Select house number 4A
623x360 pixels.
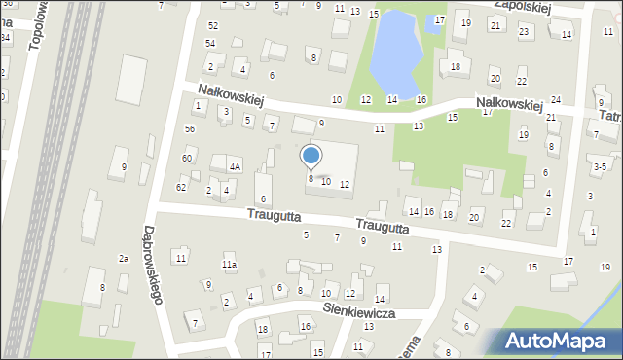tap(235, 166)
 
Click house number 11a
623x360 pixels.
tap(229, 265)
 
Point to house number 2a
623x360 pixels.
tap(124, 258)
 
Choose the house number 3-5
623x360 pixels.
tap(601, 166)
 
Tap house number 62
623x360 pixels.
tap(181, 187)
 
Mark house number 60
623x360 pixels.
tap(186, 158)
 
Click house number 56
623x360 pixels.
tap(190, 128)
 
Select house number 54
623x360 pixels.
tap(210, 44)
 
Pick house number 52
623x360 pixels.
tap(213, 25)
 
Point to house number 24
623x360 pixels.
tap(556, 100)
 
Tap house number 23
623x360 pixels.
tap(524, 32)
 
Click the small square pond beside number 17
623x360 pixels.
tap(432, 28)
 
